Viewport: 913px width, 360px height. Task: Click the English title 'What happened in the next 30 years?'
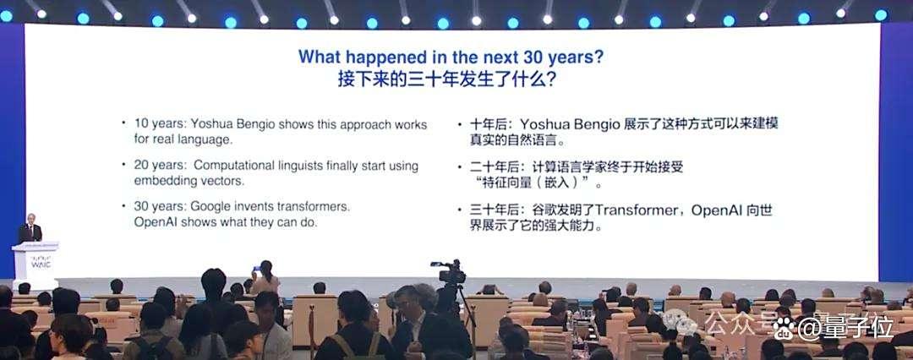coord(451,57)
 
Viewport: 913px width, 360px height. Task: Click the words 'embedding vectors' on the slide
coord(189,181)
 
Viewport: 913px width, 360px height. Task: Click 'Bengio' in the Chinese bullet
coord(602,125)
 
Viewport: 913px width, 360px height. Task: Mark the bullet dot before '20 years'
coord(123,164)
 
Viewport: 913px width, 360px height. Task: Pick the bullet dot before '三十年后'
coord(459,209)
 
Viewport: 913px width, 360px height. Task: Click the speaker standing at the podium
coord(30,228)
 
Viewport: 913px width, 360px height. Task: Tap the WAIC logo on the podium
coord(41,263)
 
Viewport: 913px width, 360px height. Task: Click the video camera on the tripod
coord(449,272)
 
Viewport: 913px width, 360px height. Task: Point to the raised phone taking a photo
coord(255,269)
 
